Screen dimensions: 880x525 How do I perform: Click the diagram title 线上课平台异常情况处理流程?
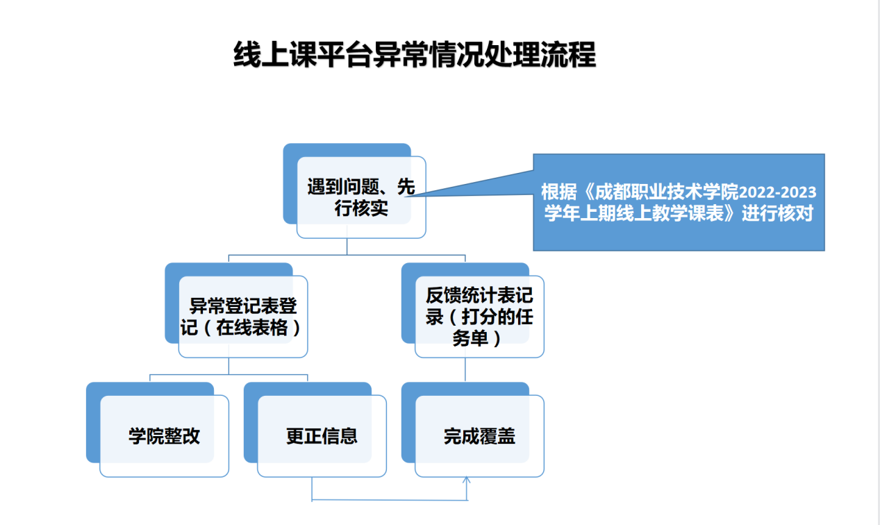[x=415, y=55]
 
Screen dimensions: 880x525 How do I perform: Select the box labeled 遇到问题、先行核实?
[x=355, y=191]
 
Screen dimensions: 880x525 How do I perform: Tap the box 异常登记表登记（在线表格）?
[x=236, y=310]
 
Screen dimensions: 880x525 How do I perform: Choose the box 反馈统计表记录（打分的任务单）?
[x=472, y=310]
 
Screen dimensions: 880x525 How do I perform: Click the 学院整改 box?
[x=158, y=430]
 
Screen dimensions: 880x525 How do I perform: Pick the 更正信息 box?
[x=315, y=430]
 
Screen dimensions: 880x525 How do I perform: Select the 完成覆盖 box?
[x=472, y=430]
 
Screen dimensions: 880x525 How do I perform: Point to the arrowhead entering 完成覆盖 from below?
[x=466, y=479]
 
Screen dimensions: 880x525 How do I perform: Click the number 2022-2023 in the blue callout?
[x=777, y=192]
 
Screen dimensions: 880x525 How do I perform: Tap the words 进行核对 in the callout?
[x=777, y=214]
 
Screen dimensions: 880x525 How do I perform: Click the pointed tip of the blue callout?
[x=406, y=196]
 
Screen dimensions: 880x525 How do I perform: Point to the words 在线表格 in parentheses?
[x=252, y=328]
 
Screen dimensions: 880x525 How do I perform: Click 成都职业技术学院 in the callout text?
[x=667, y=192]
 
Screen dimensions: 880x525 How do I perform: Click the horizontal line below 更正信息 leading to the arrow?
[x=390, y=500]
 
